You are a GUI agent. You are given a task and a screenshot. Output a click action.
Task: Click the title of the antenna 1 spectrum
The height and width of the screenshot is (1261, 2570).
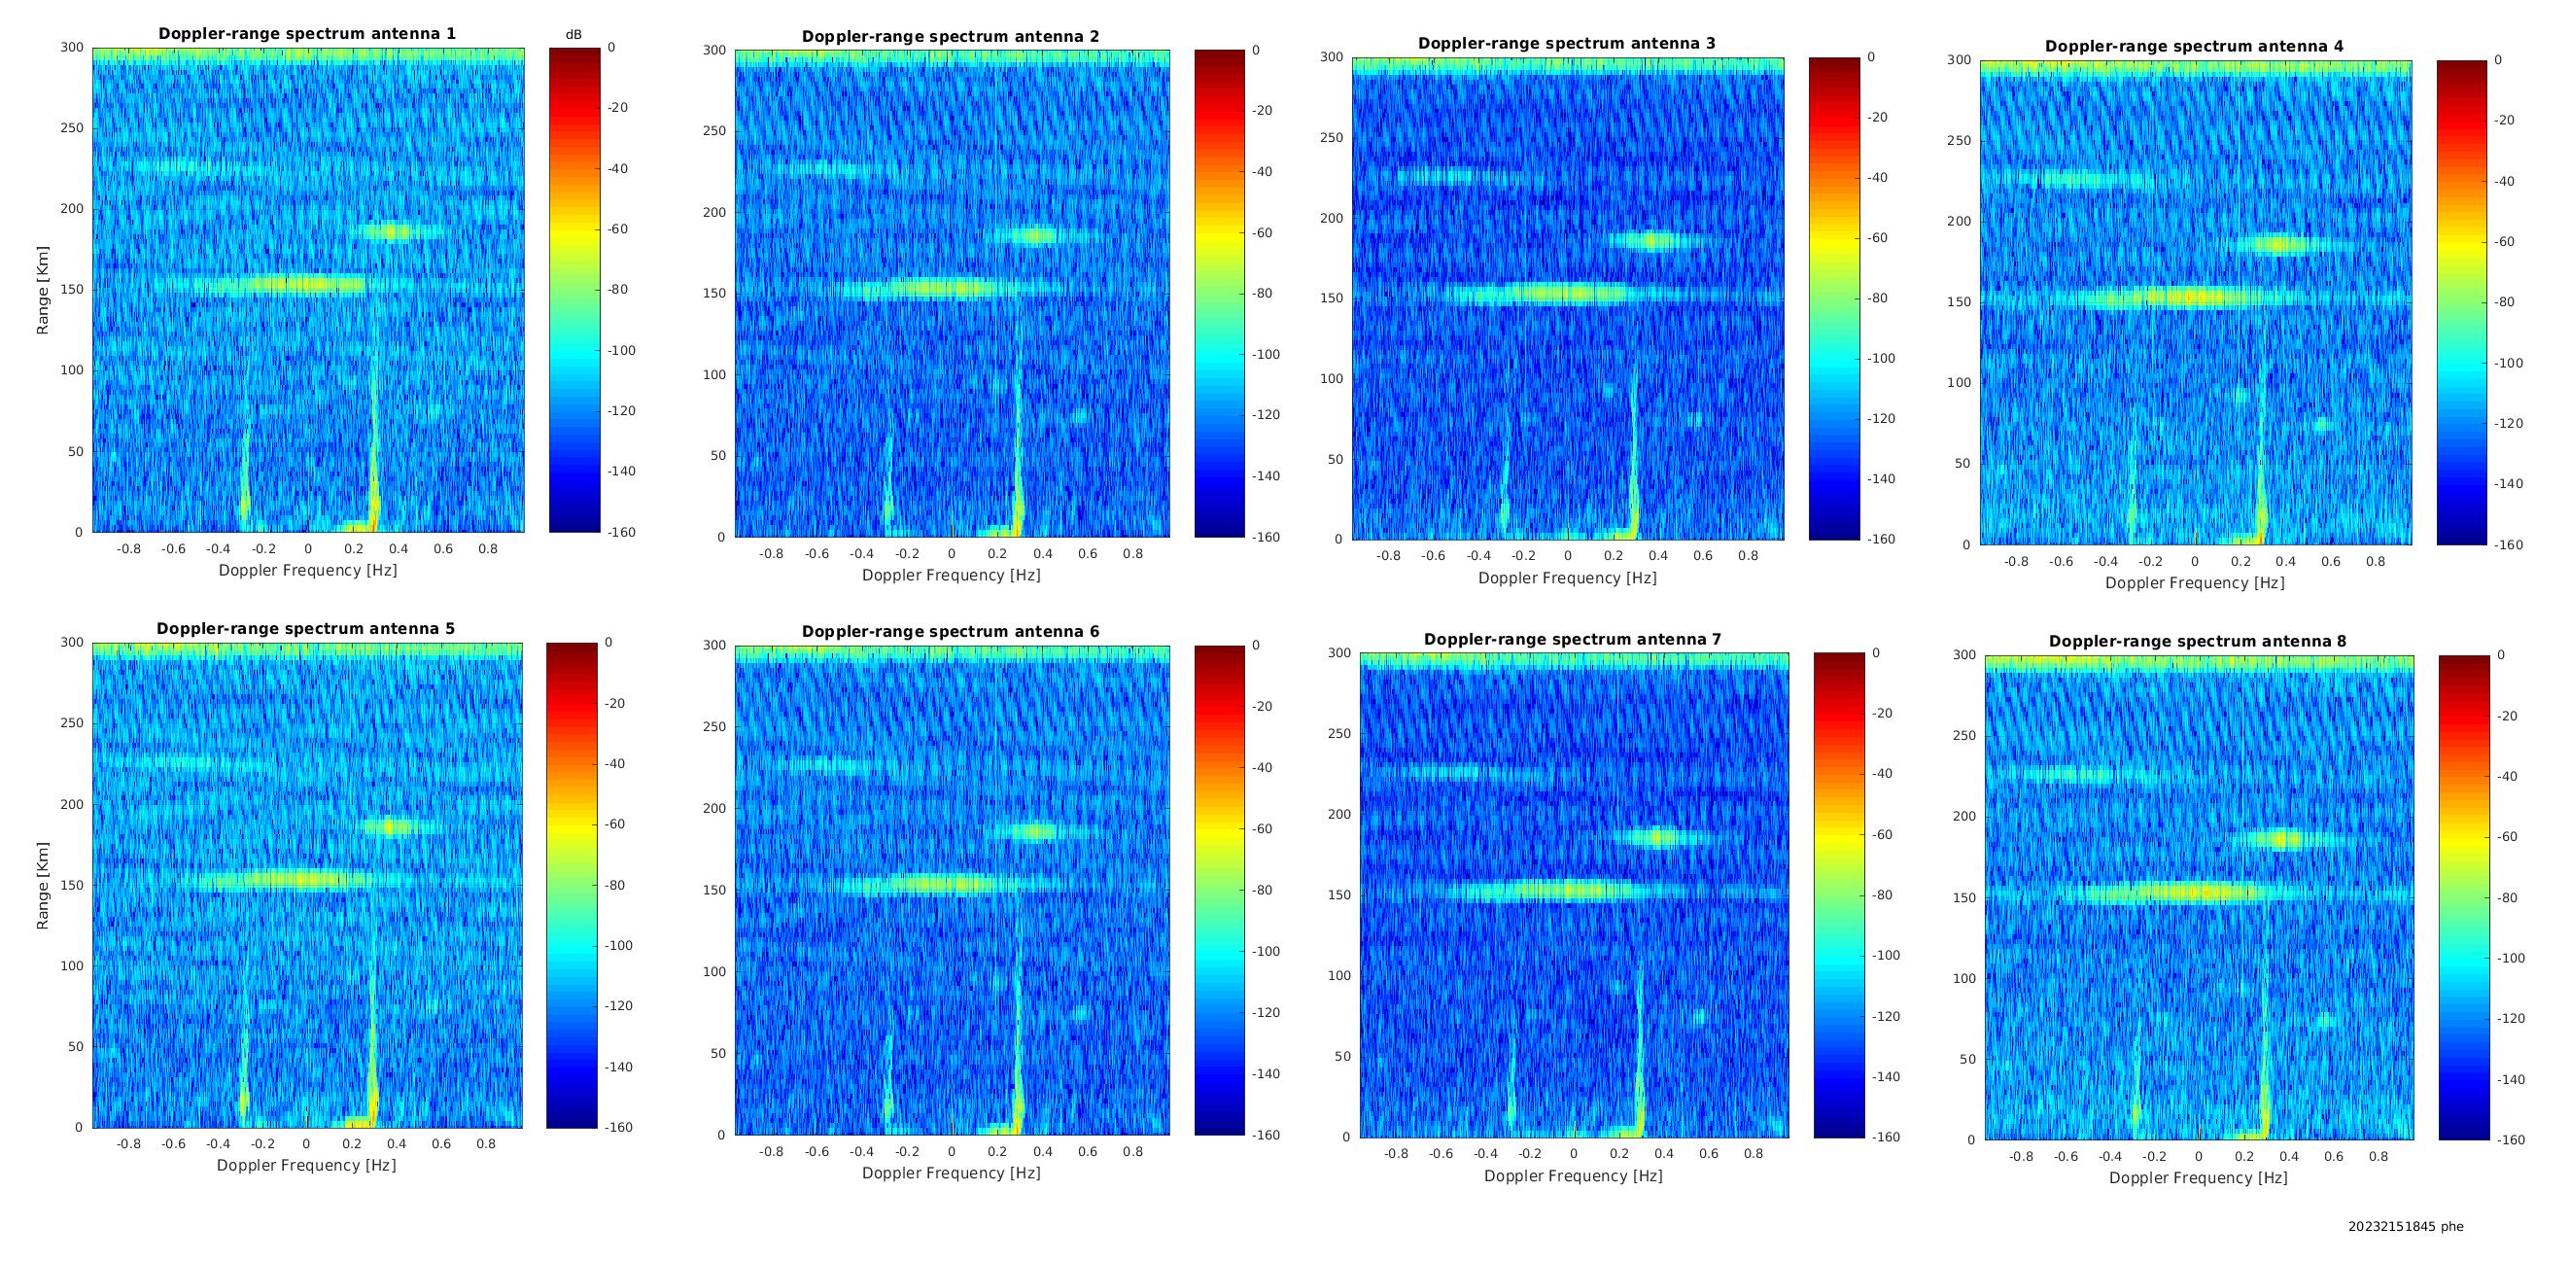click(307, 34)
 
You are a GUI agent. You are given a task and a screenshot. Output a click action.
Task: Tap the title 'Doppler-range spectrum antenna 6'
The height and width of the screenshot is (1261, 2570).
click(951, 632)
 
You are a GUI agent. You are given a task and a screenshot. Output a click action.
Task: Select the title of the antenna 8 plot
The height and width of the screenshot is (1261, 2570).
click(2198, 642)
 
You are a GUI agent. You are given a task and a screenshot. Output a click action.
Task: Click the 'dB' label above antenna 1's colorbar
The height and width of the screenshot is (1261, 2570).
click(573, 35)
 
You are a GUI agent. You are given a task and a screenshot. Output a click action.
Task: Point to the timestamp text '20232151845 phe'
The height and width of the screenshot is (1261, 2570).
click(2406, 1226)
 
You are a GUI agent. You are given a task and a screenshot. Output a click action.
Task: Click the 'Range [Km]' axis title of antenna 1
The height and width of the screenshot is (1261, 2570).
click(43, 291)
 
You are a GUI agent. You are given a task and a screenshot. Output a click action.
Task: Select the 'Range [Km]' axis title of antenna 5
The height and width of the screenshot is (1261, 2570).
click(43, 886)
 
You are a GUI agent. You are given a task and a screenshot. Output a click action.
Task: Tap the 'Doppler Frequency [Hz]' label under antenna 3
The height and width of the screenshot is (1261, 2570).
click(1567, 578)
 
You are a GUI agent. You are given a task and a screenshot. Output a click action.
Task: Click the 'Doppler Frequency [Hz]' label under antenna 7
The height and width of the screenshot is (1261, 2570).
click(1574, 1176)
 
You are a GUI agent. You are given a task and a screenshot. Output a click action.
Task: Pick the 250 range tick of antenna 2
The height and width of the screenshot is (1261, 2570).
click(714, 130)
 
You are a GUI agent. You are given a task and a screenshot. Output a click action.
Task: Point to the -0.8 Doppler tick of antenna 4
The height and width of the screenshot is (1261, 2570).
click(2015, 562)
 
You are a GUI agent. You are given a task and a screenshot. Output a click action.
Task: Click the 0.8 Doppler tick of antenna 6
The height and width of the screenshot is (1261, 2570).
click(1133, 1151)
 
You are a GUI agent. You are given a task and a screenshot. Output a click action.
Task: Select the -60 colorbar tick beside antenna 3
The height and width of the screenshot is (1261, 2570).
click(1877, 238)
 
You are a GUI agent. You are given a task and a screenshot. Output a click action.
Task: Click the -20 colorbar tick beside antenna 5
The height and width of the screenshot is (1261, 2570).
click(614, 703)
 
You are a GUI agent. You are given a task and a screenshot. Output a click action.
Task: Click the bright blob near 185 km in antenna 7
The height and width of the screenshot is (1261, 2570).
click(1659, 838)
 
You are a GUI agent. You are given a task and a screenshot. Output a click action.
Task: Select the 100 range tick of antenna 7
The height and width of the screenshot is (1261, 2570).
click(1338, 976)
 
